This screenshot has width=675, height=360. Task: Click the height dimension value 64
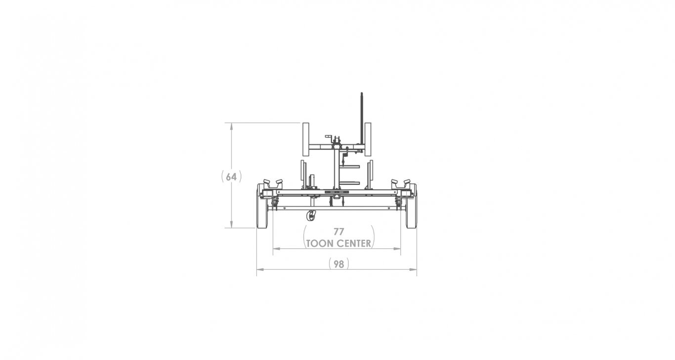pos(231,177)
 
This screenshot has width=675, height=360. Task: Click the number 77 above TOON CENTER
pos(338,232)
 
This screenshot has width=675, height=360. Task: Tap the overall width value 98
pos(338,264)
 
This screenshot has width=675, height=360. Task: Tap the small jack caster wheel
pos(311,216)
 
